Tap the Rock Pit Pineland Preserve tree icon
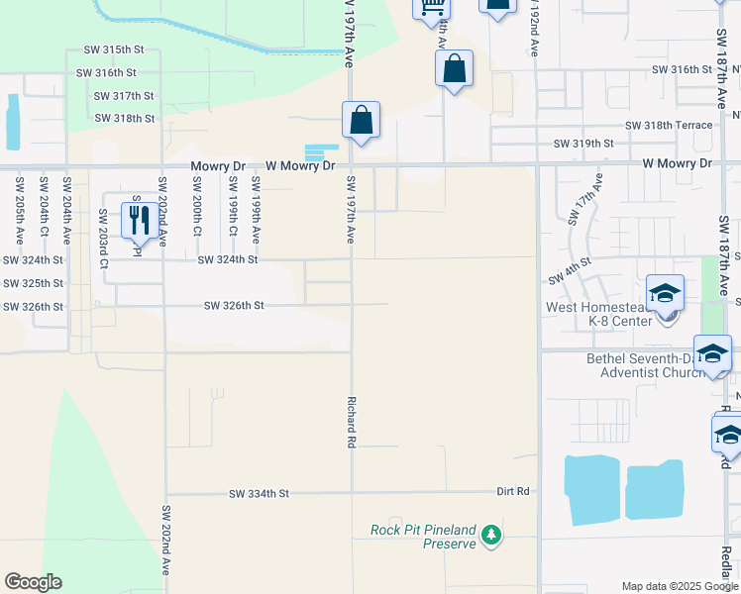coord(490,536)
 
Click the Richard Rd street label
coord(351,423)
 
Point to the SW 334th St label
coord(259,493)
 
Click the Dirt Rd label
coord(515,491)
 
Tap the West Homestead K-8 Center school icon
coord(665,293)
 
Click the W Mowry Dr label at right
coord(677,162)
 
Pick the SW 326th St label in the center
coord(234,306)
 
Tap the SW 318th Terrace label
coord(668,126)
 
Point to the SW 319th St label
coord(583,144)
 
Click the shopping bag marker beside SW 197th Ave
coord(362,121)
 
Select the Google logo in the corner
coord(33,582)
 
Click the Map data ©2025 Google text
coord(678,586)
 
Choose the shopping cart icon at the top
coord(432,7)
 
